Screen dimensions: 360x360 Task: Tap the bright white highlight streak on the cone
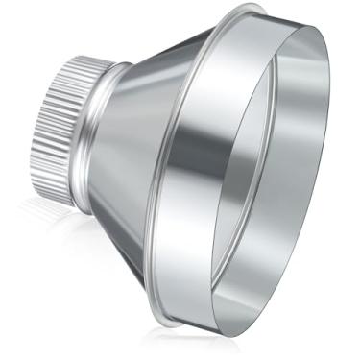pyautogui.click(x=134, y=125)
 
